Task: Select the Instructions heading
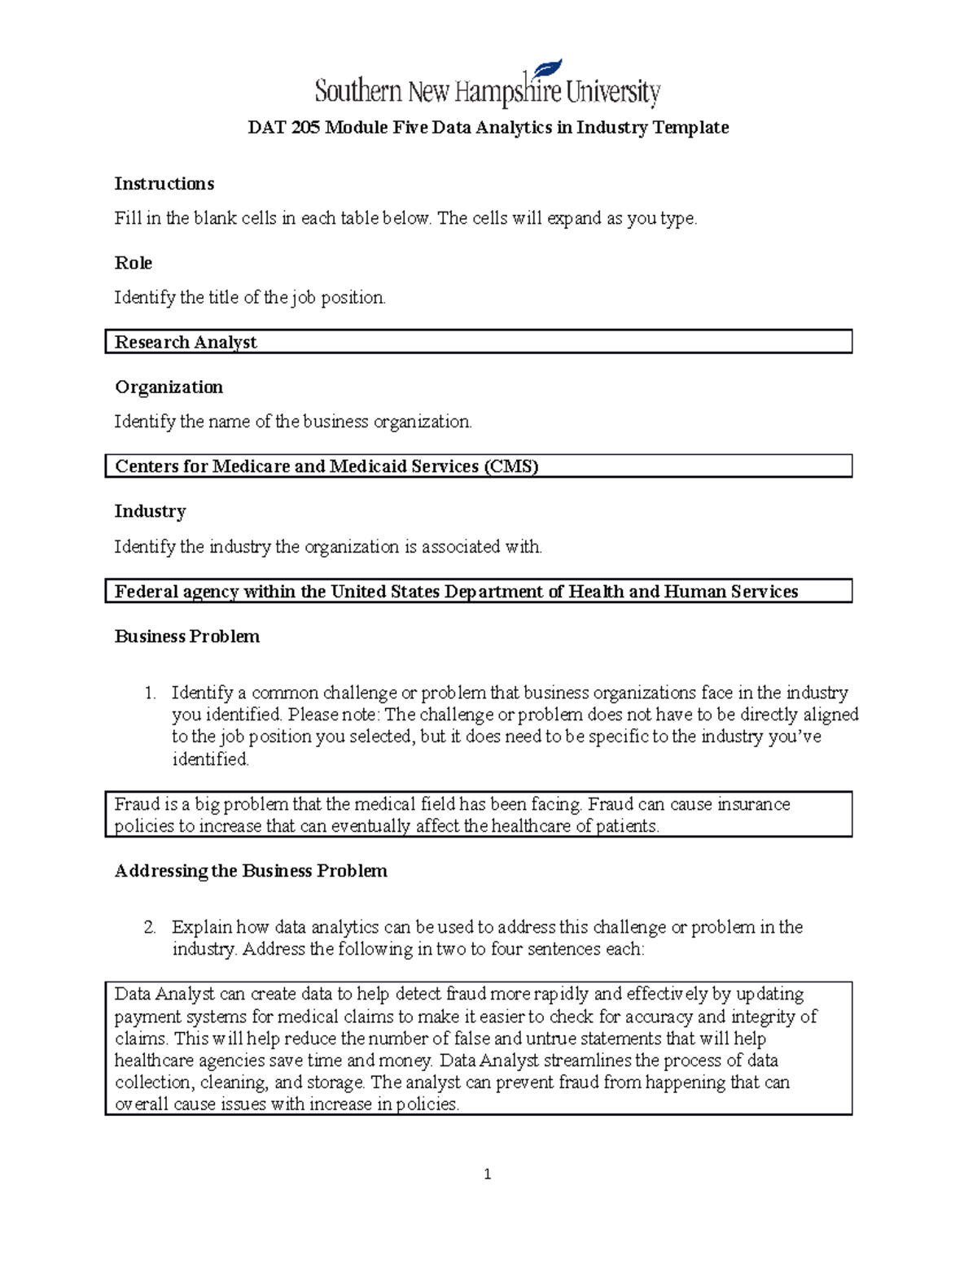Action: (x=164, y=184)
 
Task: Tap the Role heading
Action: (x=134, y=263)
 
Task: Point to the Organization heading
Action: (x=169, y=387)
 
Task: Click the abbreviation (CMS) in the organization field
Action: (x=511, y=466)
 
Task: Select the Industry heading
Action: (x=150, y=511)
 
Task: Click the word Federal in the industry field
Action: (x=147, y=592)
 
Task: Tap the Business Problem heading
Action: (x=187, y=636)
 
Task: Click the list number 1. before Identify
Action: (x=150, y=693)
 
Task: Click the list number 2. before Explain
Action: (x=150, y=928)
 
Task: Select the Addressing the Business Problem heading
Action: (x=251, y=871)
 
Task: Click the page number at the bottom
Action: (x=487, y=1174)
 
